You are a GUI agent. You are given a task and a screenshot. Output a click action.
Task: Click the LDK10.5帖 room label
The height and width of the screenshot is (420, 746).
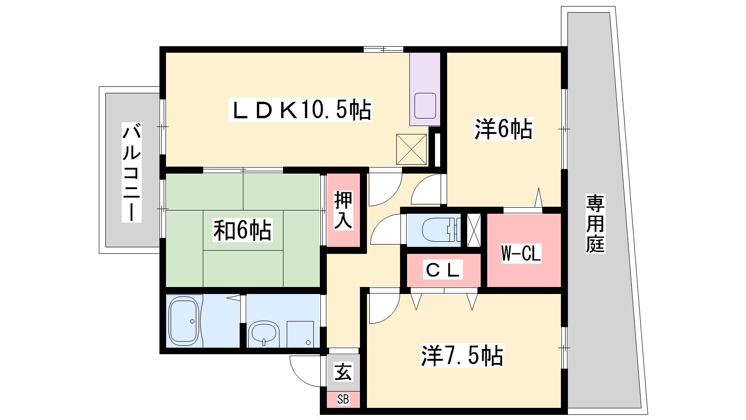pyautogui.click(x=300, y=110)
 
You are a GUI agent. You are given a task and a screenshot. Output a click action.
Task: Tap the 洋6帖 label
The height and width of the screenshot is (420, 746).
pyautogui.click(x=503, y=129)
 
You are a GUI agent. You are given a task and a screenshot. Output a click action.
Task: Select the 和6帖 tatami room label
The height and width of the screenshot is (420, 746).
pyautogui.click(x=242, y=230)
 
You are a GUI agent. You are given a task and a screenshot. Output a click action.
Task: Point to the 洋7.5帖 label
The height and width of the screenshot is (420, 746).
pyautogui.click(x=462, y=356)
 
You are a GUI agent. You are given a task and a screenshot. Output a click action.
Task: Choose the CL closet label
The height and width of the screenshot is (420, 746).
pyautogui.click(x=442, y=270)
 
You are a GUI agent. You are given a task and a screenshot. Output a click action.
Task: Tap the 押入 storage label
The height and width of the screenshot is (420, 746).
pyautogui.click(x=343, y=210)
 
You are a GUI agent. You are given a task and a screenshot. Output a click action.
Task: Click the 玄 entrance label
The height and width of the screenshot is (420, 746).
pyautogui.click(x=343, y=372)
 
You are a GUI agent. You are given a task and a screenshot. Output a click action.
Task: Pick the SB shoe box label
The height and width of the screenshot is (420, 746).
pyautogui.click(x=343, y=399)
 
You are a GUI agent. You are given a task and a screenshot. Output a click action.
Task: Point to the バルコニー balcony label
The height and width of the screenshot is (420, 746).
pyautogui.click(x=131, y=172)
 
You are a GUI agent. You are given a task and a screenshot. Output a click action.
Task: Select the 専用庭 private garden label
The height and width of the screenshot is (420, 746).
pyautogui.click(x=595, y=224)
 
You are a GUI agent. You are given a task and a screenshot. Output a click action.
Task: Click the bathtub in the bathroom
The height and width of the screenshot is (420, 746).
pyautogui.click(x=184, y=321)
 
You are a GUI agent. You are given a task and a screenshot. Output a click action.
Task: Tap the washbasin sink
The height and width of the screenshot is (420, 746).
pyautogui.click(x=264, y=333)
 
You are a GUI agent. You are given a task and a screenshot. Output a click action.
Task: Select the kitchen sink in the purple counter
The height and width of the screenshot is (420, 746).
pyautogui.click(x=425, y=105)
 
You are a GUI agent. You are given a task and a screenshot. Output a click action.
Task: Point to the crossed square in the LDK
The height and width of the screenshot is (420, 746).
pyautogui.click(x=411, y=149)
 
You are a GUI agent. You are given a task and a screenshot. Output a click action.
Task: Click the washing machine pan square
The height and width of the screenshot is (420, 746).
pyautogui.click(x=300, y=334)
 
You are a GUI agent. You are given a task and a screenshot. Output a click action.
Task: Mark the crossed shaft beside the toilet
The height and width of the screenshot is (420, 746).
pyautogui.click(x=474, y=230)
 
